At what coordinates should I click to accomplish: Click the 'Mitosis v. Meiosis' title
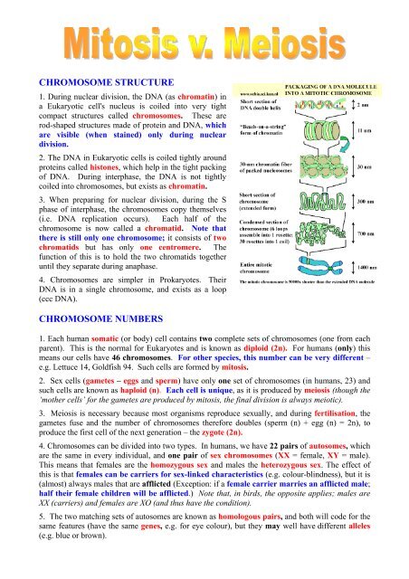204,42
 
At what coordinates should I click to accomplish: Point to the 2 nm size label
388,105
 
